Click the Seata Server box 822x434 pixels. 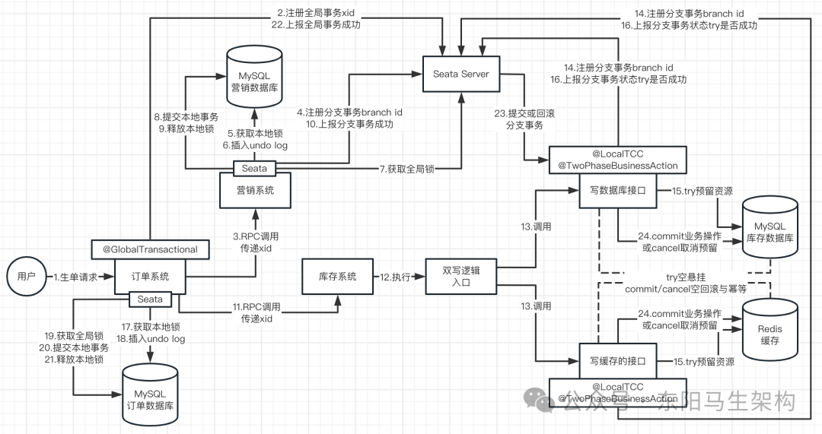(x=460, y=74)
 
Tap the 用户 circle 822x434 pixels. (x=26, y=277)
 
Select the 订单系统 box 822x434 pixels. (x=151, y=277)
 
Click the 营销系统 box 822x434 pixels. (x=255, y=191)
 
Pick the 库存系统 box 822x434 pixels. (x=338, y=277)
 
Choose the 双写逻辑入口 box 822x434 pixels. (x=460, y=277)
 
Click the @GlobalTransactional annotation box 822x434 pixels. (x=151, y=250)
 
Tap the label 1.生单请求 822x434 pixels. (x=76, y=277)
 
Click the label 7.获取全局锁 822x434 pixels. (x=407, y=169)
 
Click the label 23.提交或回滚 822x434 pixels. (x=524, y=113)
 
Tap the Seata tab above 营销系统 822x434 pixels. (x=254, y=169)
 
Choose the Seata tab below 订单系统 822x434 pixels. (x=150, y=299)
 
